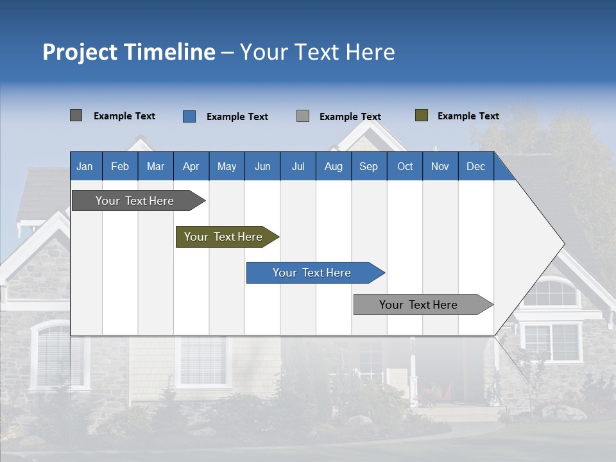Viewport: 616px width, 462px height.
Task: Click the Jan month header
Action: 85,166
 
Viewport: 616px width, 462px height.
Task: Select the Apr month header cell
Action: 191,166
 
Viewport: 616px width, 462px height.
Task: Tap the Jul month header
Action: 298,166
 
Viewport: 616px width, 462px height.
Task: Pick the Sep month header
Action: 368,166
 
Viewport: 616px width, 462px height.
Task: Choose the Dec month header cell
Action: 475,166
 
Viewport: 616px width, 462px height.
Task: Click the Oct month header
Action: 405,166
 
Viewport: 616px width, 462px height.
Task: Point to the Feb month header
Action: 120,166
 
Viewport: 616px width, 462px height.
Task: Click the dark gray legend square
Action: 76,116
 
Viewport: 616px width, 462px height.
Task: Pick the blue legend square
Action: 189,116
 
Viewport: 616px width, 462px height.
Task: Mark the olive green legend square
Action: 422,116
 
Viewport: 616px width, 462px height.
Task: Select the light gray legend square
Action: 303,116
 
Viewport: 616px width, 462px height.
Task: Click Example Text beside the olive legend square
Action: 468,116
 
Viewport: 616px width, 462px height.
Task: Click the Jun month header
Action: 262,166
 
